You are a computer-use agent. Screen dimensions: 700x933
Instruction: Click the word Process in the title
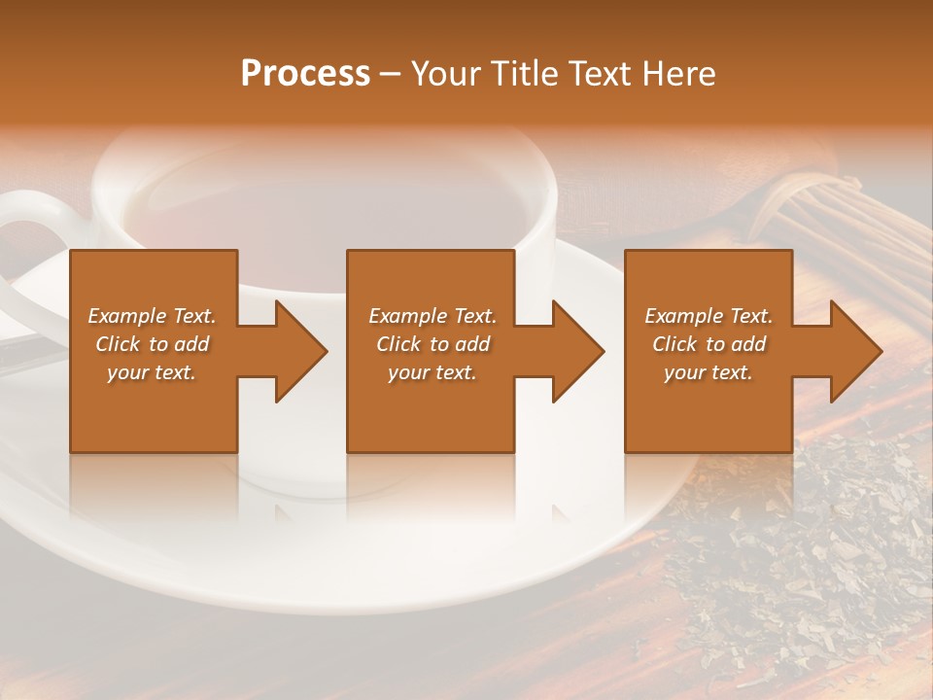point(305,74)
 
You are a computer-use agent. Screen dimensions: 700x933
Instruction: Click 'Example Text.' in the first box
point(152,316)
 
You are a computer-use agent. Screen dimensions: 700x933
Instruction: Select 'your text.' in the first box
point(152,372)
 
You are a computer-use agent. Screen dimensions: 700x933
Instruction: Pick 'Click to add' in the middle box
point(432,344)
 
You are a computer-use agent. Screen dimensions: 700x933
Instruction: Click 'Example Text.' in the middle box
point(432,316)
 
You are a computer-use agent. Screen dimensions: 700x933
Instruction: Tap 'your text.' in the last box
point(708,372)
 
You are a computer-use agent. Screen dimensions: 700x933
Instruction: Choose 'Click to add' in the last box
point(708,344)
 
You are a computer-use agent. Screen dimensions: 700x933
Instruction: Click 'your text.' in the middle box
point(432,372)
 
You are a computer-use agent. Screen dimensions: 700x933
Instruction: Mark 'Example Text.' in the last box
point(708,316)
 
